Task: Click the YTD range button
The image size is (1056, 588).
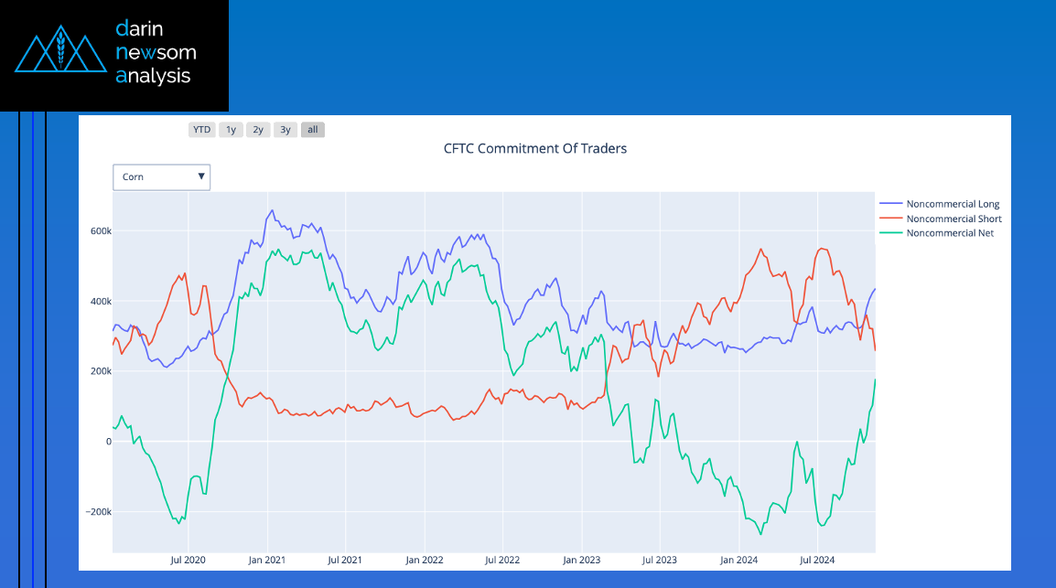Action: click(x=202, y=130)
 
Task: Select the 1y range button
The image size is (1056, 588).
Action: click(x=232, y=130)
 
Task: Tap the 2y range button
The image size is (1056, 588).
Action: click(x=259, y=130)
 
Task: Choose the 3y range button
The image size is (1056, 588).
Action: click(x=286, y=130)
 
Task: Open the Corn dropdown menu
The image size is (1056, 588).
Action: click(x=162, y=177)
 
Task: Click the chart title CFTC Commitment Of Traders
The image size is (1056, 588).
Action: click(x=535, y=148)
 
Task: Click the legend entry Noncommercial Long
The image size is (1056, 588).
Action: click(x=953, y=204)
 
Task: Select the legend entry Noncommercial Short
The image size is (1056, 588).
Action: click(x=954, y=219)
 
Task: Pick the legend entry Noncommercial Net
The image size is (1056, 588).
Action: click(x=950, y=233)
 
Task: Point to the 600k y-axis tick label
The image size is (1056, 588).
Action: click(x=99, y=231)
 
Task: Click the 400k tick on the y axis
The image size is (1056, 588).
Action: click(x=99, y=302)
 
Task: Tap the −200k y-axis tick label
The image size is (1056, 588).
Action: click(x=97, y=512)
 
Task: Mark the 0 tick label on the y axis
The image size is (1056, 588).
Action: click(x=107, y=442)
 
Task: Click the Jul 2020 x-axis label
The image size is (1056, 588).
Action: click(x=188, y=560)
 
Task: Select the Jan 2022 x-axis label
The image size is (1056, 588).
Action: click(x=425, y=560)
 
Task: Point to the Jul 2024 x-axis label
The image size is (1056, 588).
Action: click(x=817, y=560)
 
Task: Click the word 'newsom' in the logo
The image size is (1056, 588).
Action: click(x=156, y=53)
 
